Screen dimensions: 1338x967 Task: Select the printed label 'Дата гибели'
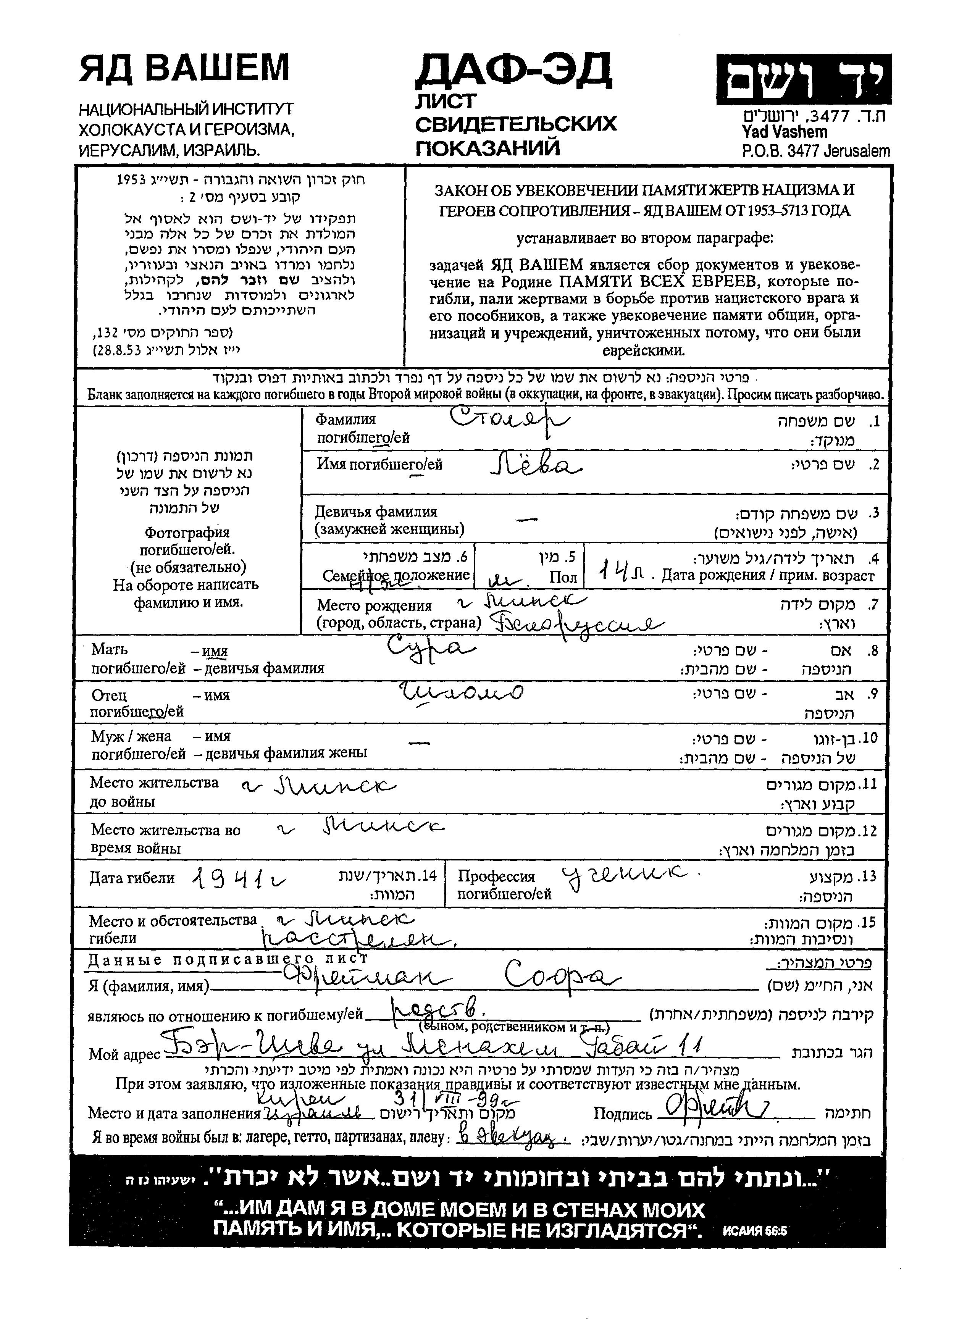[x=132, y=878]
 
